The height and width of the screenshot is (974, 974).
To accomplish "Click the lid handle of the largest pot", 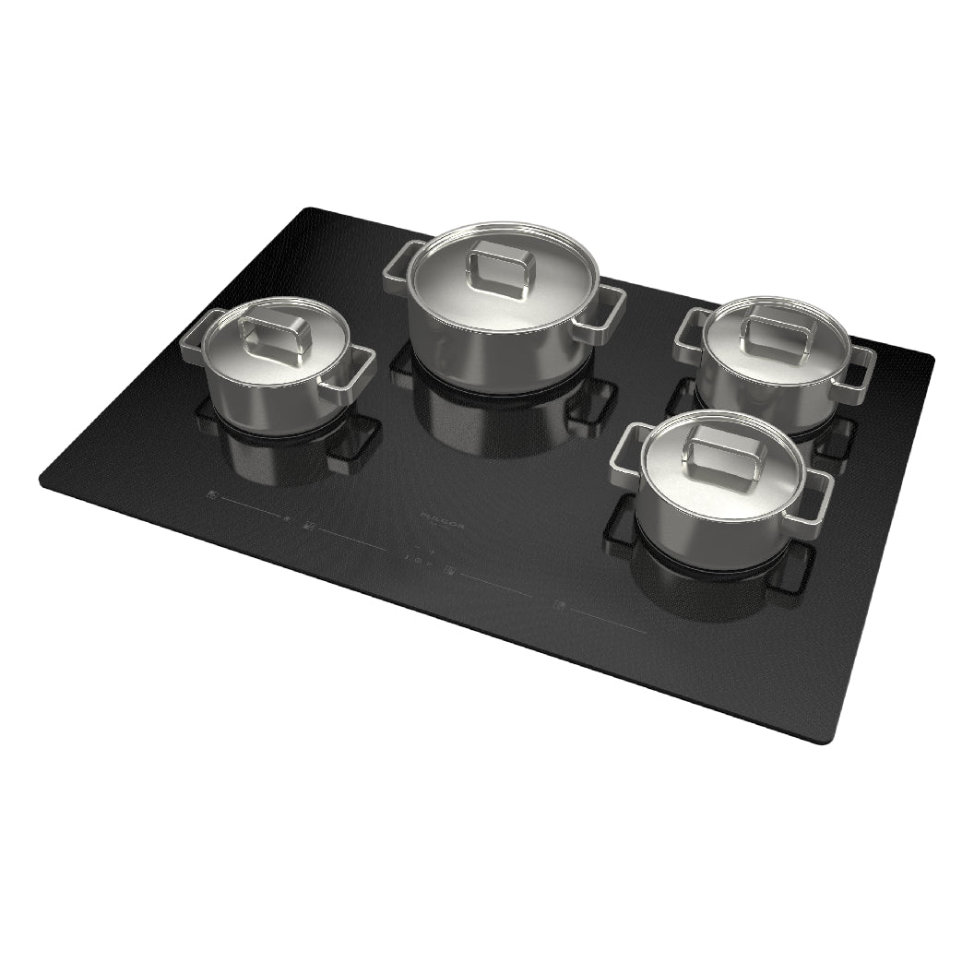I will [501, 268].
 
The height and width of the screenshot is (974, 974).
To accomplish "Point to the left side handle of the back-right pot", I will [689, 333].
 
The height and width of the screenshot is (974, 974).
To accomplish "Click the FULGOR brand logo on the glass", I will [442, 524].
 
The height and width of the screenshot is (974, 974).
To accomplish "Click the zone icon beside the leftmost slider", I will [213, 496].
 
